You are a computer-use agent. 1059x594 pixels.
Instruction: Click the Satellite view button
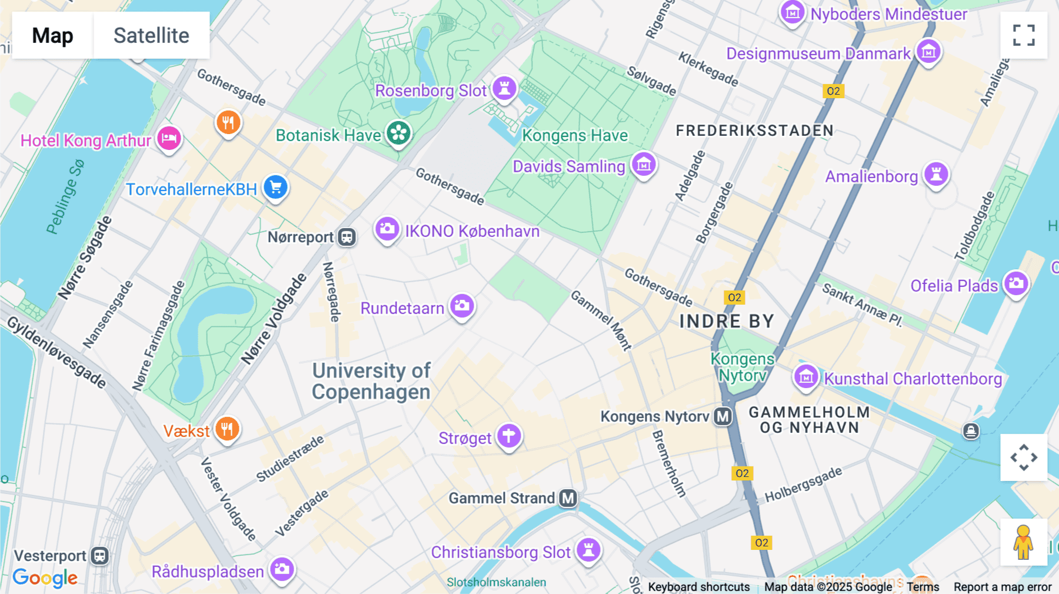pyautogui.click(x=151, y=35)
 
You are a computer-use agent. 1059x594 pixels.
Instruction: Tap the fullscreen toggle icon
pyautogui.click(x=1024, y=35)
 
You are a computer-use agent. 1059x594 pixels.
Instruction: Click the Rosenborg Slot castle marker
pyautogui.click(x=504, y=88)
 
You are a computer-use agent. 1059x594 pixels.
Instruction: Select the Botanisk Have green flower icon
pyautogui.click(x=398, y=133)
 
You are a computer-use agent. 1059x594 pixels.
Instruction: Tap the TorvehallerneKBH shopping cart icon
pyautogui.click(x=275, y=188)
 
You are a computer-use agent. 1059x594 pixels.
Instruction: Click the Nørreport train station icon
pyautogui.click(x=347, y=237)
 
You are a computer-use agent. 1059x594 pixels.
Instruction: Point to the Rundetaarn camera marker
pyautogui.click(x=462, y=306)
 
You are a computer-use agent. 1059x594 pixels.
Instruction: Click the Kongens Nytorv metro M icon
pyautogui.click(x=722, y=416)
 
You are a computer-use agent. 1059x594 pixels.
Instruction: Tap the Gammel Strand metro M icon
pyautogui.click(x=568, y=498)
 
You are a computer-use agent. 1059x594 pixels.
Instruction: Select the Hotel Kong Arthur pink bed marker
pyautogui.click(x=169, y=139)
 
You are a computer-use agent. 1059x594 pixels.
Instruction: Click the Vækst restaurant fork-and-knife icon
pyautogui.click(x=227, y=429)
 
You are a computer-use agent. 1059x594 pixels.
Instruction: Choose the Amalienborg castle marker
pyautogui.click(x=936, y=175)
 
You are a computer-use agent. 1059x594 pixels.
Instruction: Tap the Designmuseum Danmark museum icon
pyautogui.click(x=928, y=52)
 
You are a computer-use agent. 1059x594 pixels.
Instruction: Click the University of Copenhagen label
pyautogui.click(x=371, y=381)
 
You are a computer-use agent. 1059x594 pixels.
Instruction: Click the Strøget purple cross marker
pyautogui.click(x=509, y=436)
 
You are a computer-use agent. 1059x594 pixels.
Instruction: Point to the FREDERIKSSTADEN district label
pyautogui.click(x=754, y=131)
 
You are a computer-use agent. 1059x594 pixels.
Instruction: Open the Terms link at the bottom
pyautogui.click(x=923, y=586)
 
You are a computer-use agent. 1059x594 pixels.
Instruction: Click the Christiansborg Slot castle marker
pyautogui.click(x=588, y=550)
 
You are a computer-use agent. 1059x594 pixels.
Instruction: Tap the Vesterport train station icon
pyautogui.click(x=100, y=556)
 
